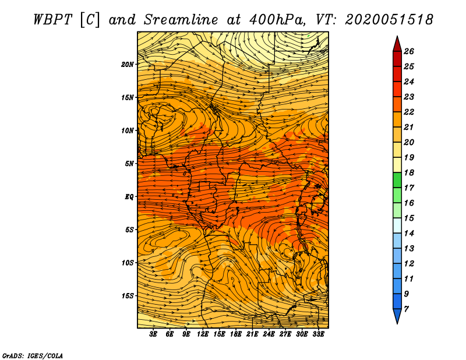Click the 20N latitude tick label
127,65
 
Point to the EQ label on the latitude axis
129,197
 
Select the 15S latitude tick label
128,296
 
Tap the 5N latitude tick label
129,164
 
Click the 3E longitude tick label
153,334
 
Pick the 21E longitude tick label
252,334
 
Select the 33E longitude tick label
318,334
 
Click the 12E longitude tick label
202,334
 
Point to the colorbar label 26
409,51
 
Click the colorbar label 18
409,172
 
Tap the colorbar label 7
406,309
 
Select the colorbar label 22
409,112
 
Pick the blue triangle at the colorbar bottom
397,315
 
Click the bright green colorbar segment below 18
397,180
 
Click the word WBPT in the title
52,20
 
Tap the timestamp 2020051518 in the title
389,20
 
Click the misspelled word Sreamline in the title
181,20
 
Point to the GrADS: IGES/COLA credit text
33,355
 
